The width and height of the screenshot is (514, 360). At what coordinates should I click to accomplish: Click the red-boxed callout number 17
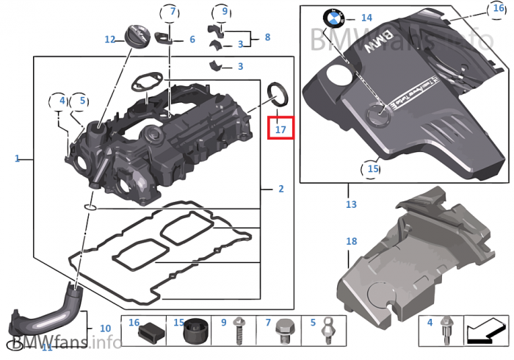coord(280,129)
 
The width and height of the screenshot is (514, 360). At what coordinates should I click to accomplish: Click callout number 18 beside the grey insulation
coord(351,241)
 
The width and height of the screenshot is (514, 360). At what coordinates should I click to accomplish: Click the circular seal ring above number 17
coord(278,92)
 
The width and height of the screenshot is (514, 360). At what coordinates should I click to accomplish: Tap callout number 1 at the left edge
coord(17,158)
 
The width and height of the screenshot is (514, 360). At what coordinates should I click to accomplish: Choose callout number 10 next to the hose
coord(105,328)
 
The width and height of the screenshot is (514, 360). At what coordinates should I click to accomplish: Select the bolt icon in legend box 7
coord(286,333)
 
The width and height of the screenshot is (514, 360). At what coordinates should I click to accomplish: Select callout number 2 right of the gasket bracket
coord(280,189)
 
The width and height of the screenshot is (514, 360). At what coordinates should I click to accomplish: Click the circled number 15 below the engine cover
coord(373,169)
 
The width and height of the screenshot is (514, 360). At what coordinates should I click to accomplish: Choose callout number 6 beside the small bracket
coord(192,40)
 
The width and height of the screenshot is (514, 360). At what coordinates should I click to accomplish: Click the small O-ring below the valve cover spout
coord(89,209)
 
